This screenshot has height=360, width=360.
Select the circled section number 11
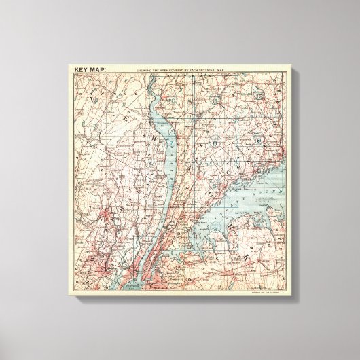212,100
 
